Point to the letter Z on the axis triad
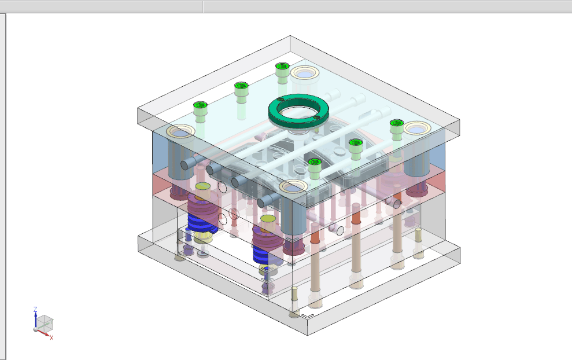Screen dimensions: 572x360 click(x=35, y=309)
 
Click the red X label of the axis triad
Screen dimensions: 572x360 click(x=51, y=337)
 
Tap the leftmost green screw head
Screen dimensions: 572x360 click(x=200, y=105)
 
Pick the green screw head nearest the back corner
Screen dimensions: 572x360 click(x=282, y=67)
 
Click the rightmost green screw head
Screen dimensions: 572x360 click(x=396, y=123)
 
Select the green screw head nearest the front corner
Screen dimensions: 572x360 click(x=314, y=161)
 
